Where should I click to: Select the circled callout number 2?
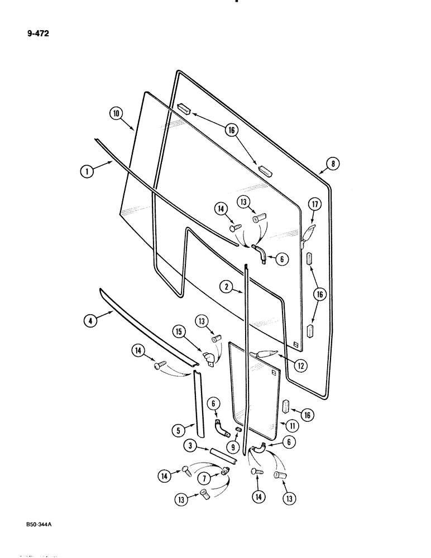[226, 287]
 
